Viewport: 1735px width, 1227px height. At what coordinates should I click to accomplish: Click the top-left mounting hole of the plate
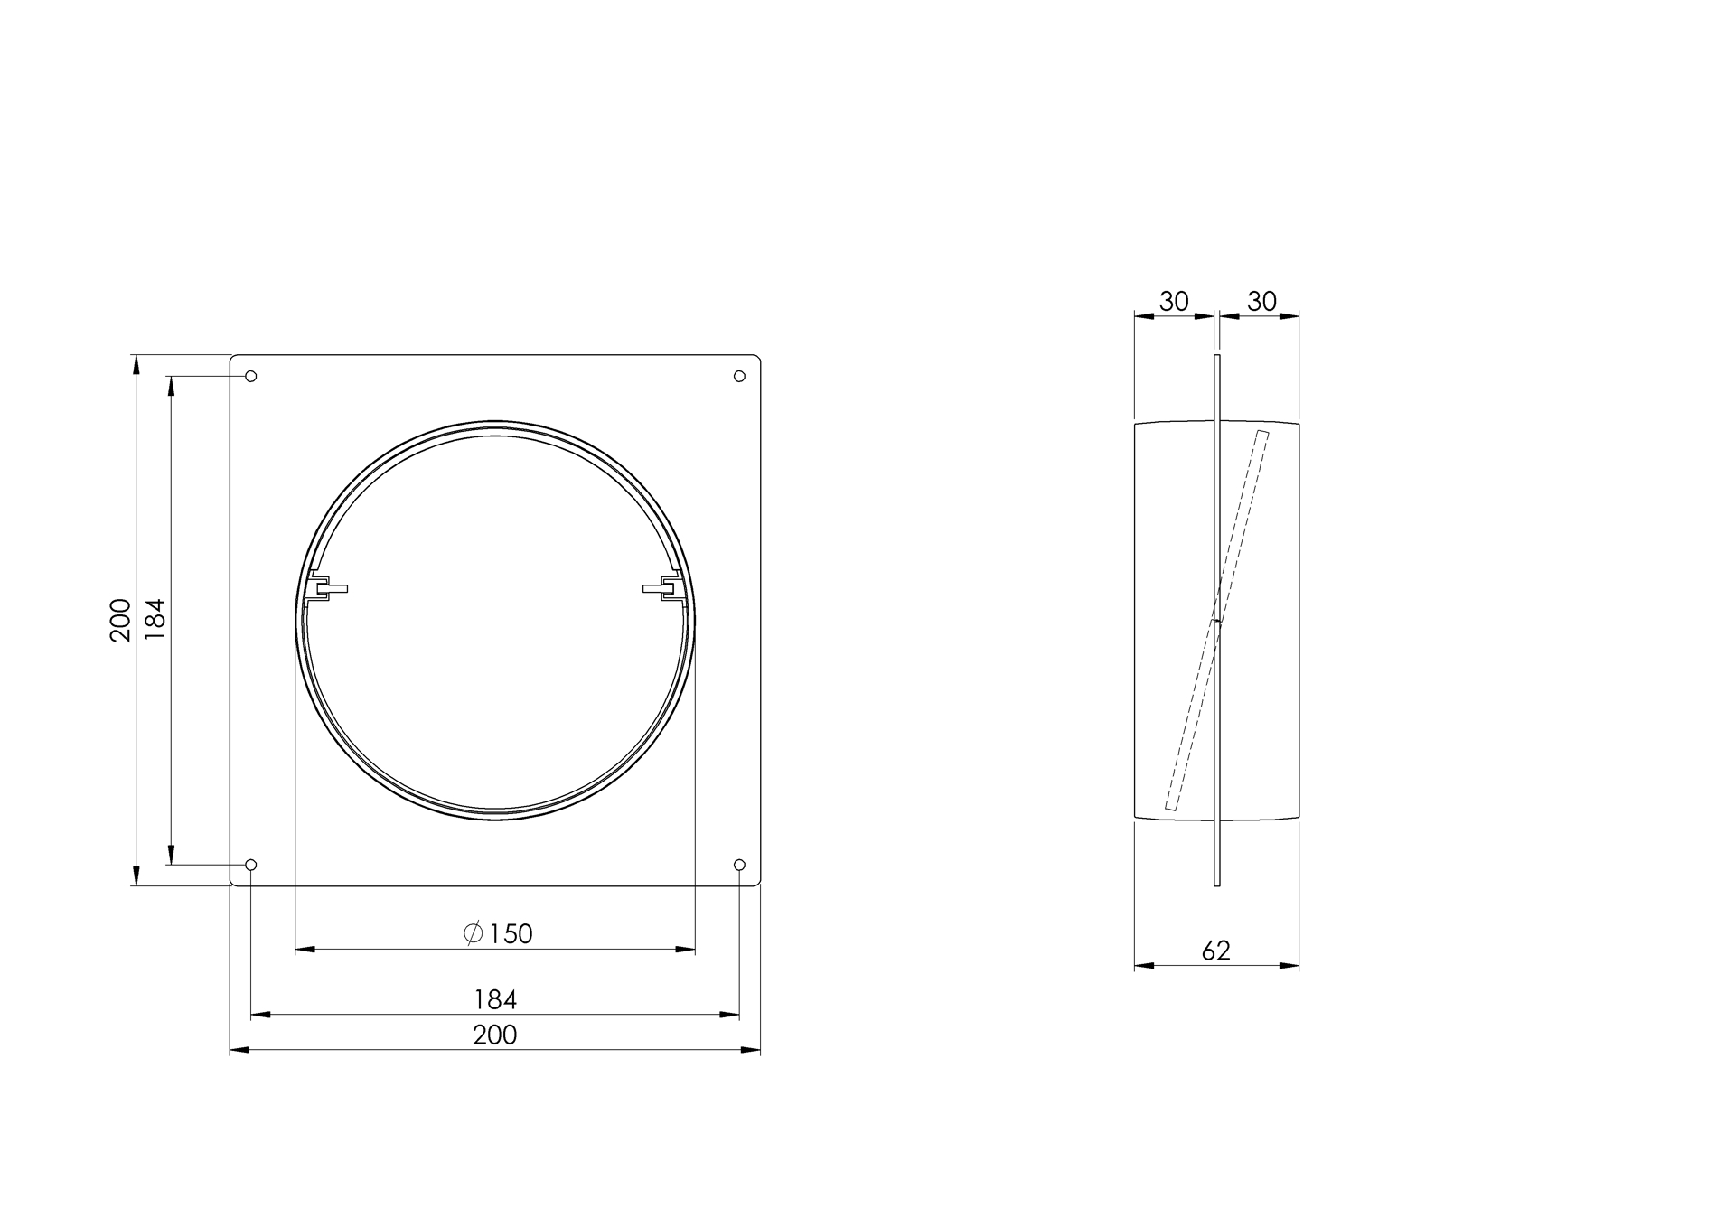point(251,376)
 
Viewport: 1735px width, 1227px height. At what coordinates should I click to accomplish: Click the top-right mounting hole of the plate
point(739,376)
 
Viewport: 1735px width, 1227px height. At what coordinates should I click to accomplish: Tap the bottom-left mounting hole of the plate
point(251,865)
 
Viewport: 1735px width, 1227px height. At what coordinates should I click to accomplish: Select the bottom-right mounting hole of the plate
point(739,865)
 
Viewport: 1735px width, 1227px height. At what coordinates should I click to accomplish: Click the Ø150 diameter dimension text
point(498,933)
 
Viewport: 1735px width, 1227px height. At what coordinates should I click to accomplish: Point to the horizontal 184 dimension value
point(495,999)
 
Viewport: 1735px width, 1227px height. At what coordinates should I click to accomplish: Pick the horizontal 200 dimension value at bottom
point(495,1035)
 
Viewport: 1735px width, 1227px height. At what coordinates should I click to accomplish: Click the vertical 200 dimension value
point(120,620)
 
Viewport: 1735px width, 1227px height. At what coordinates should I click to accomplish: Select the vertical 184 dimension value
point(155,620)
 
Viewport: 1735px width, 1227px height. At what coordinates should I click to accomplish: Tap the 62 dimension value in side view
point(1216,951)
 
